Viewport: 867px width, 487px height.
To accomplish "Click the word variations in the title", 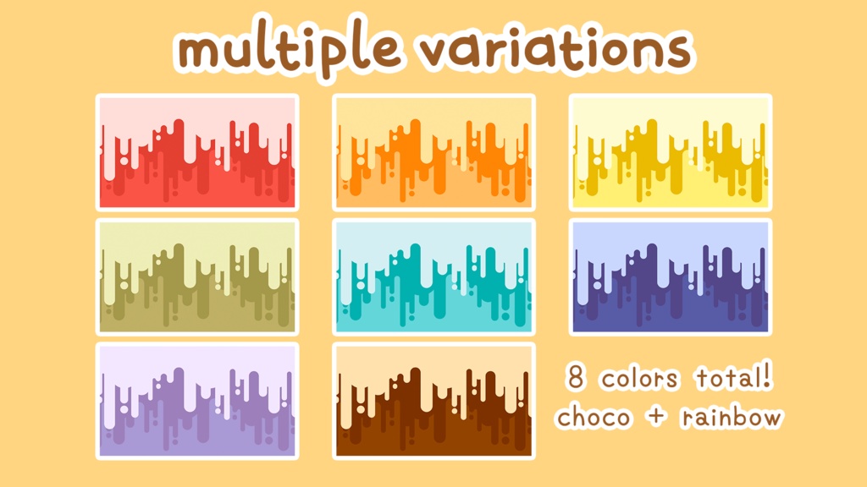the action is tap(555, 48).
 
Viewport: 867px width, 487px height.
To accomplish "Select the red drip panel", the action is tap(197, 152).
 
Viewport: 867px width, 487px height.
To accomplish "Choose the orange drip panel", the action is tap(434, 152).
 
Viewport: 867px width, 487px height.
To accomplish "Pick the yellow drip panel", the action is tap(671, 152).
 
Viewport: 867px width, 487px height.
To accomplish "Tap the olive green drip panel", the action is tap(197, 276).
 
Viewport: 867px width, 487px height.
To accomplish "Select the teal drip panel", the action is tap(434, 276).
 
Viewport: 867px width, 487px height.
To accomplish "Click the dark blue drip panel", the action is tap(671, 276).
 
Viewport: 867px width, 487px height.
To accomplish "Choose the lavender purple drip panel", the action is tap(197, 401).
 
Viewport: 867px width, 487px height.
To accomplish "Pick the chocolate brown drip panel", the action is tap(434, 401).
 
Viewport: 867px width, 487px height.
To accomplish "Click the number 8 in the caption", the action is tap(576, 377).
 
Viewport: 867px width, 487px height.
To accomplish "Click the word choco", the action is tap(594, 417).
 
